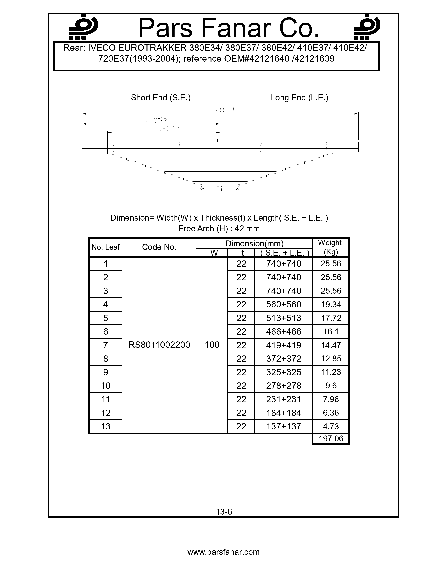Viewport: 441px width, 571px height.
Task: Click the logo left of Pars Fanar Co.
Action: pyautogui.click(x=83, y=27)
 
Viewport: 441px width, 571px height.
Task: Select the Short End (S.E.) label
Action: pyautogui.click(x=161, y=98)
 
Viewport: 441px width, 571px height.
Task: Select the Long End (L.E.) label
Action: pyautogui.click(x=299, y=98)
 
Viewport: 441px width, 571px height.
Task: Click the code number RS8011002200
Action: pyautogui.click(x=159, y=345)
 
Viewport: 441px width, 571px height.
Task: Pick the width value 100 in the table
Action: pyautogui.click(x=212, y=345)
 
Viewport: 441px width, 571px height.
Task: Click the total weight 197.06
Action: pyautogui.click(x=331, y=438)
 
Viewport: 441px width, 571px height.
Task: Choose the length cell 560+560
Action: pyautogui.click(x=283, y=304)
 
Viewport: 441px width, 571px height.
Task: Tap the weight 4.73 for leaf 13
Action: pyautogui.click(x=331, y=426)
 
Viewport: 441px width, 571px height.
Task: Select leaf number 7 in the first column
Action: pyautogui.click(x=105, y=345)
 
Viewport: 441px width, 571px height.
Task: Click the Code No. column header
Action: pyautogui.click(x=159, y=247)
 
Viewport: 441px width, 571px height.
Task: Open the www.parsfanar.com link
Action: pyautogui.click(x=223, y=552)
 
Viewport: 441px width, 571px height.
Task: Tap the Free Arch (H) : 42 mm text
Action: pyautogui.click(x=219, y=229)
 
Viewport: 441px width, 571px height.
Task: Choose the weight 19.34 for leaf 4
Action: pyautogui.click(x=331, y=304)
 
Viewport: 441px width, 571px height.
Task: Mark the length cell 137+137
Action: pyautogui.click(x=283, y=426)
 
